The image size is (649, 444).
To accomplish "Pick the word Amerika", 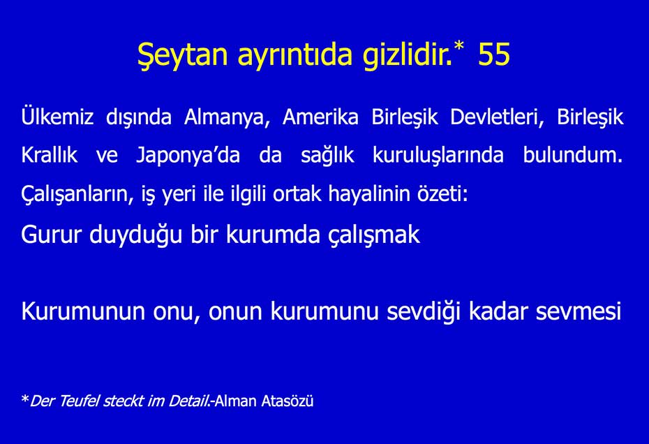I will coord(321,117).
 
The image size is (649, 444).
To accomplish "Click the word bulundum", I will coord(572,155).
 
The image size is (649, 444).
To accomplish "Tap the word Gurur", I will coord(52,235).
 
